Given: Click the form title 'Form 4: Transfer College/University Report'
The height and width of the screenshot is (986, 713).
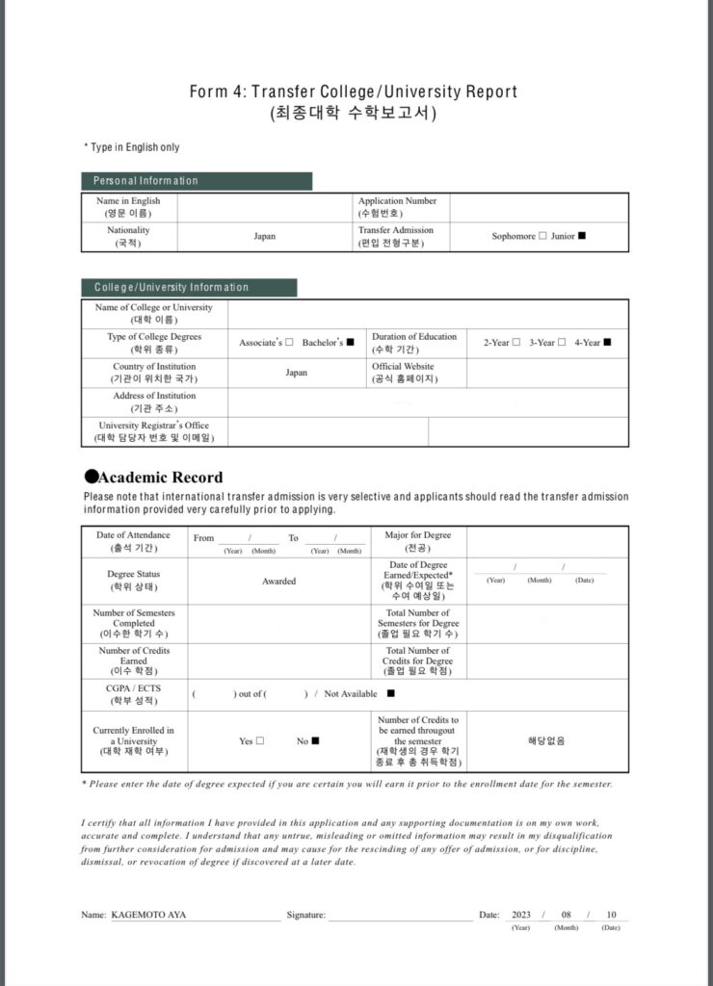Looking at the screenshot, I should [355, 91].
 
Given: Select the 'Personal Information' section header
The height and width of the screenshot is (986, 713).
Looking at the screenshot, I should [145, 181].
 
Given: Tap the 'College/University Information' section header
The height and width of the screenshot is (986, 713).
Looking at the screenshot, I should [172, 287].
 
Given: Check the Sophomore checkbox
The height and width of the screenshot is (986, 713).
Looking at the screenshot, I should [542, 236].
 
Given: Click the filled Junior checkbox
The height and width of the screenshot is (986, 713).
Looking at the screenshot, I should [582, 236].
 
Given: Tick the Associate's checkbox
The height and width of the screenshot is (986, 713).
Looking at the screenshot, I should [289, 342].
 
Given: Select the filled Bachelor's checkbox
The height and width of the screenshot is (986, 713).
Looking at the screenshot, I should [351, 342].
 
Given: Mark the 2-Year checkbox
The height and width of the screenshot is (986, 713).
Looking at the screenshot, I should [516, 342].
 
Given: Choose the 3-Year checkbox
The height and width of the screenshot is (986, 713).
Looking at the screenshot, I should [562, 342].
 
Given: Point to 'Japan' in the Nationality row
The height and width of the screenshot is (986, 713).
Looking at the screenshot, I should [265, 236].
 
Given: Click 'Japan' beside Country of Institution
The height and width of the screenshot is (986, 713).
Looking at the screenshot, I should [297, 373].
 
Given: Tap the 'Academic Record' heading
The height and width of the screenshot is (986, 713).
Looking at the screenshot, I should [161, 477].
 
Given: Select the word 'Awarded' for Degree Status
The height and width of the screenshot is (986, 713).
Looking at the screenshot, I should [279, 582].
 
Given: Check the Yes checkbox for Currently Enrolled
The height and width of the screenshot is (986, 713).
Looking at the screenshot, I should [260, 740].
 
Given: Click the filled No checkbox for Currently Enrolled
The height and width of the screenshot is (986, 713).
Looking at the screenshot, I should [315, 740].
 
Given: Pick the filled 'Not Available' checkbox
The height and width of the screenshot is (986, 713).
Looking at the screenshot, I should [390, 693].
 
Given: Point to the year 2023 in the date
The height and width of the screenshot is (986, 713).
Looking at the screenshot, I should [521, 915].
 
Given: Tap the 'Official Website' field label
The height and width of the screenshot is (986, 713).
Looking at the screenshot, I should [403, 367].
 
